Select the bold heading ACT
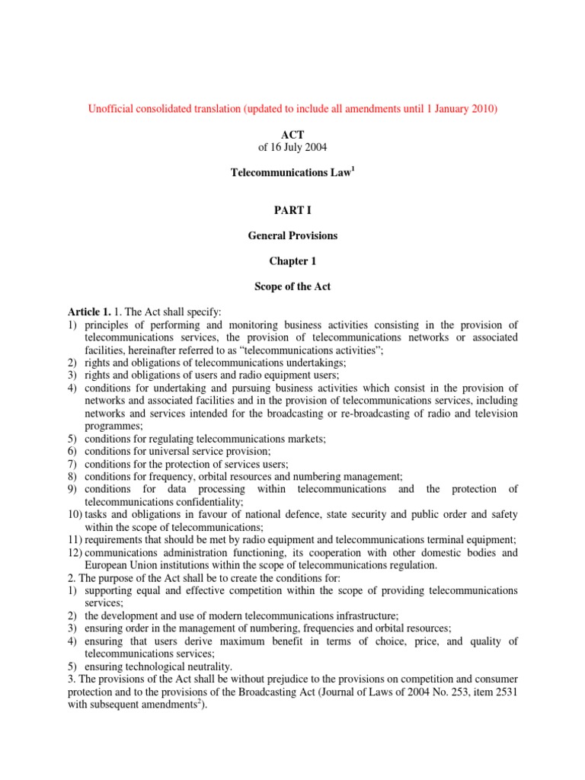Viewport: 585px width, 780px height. [x=292, y=133]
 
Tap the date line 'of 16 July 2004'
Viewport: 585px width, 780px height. [x=292, y=146]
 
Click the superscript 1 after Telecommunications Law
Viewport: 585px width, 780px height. [x=352, y=169]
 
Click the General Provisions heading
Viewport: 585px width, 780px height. [x=292, y=235]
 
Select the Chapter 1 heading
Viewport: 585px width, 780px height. [x=292, y=261]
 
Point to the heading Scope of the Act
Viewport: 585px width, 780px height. [x=292, y=286]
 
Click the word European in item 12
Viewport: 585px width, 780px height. [x=108, y=565]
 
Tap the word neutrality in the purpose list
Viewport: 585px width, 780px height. [x=194, y=666]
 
